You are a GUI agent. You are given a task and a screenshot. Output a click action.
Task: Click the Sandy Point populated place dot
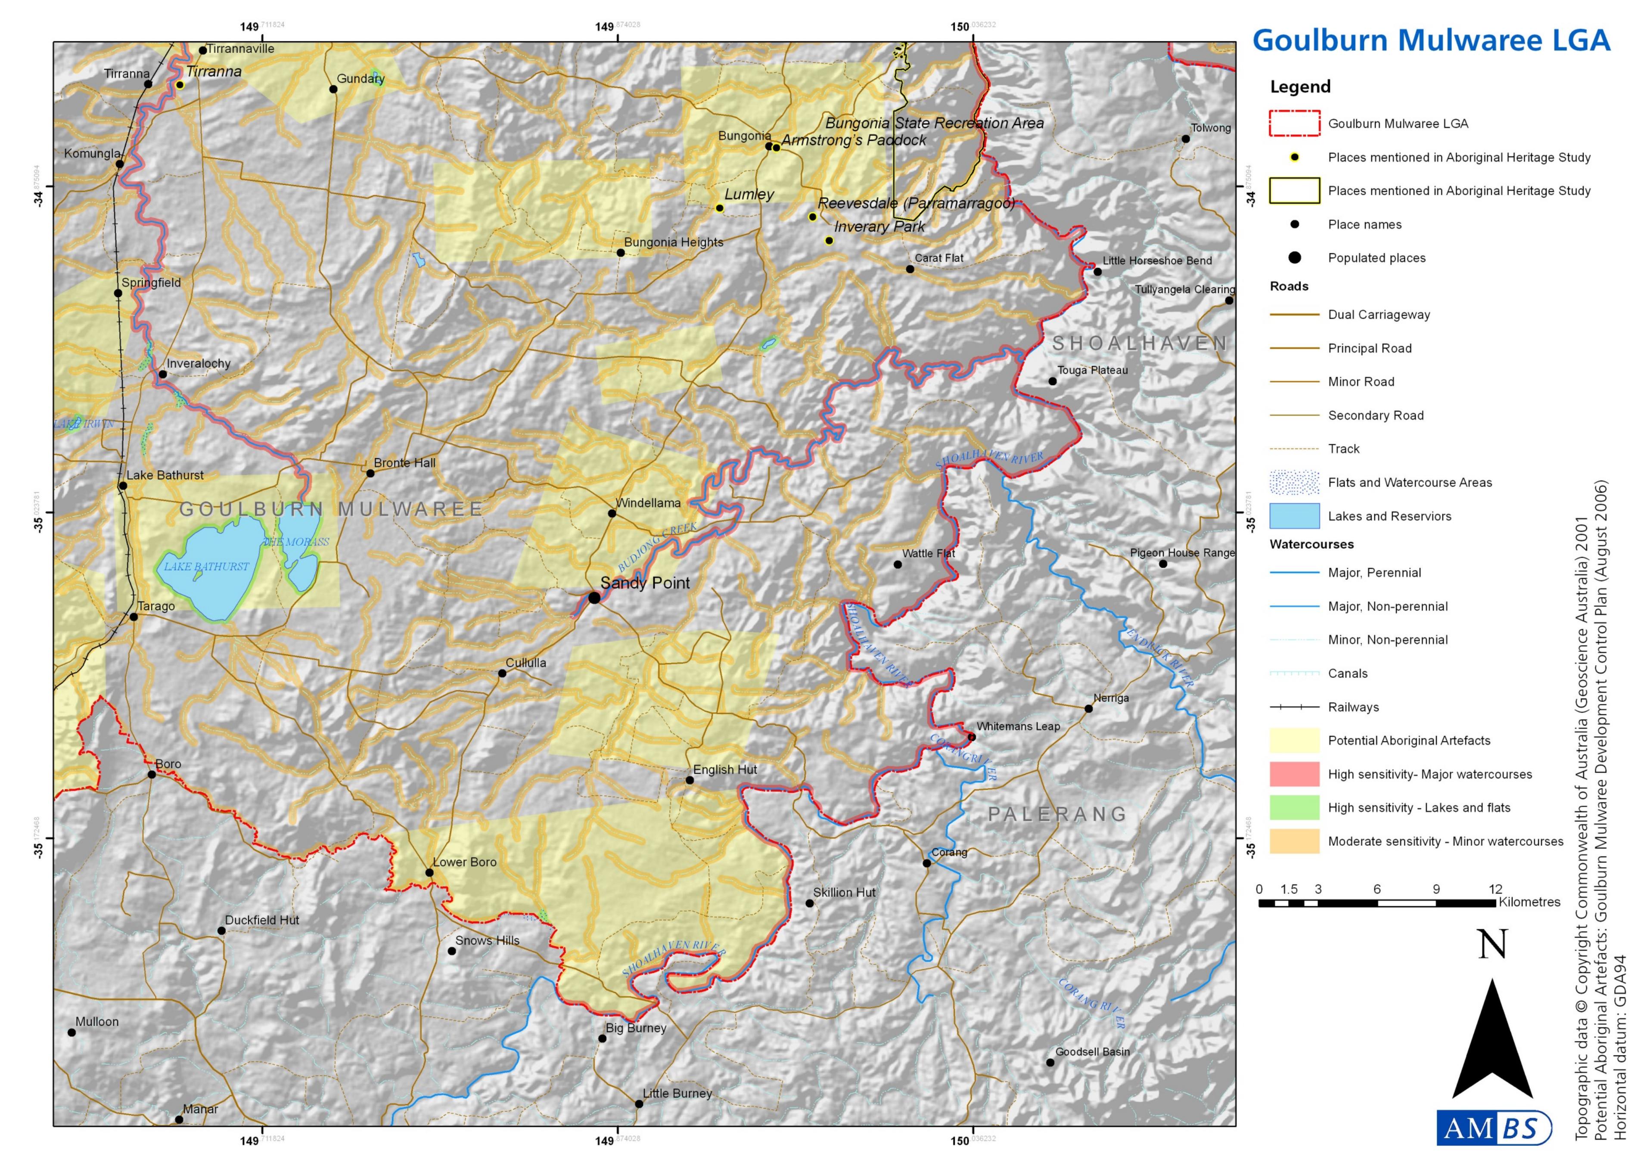coord(594,598)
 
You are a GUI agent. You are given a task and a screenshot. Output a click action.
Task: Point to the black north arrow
coord(1493,1042)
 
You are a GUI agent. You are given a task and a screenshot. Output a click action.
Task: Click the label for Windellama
coord(648,503)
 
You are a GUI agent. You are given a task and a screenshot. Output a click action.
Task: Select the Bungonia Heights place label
coord(673,242)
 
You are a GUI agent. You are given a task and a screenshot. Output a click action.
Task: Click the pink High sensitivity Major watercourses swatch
coord(1294,774)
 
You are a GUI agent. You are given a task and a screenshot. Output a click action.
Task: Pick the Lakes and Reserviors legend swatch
coord(1294,516)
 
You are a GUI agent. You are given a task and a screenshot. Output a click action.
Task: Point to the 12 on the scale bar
coord(1495,889)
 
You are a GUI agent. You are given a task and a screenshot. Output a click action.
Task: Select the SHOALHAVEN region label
coord(1140,343)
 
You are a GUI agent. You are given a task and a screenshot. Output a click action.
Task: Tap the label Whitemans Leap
coord(1018,726)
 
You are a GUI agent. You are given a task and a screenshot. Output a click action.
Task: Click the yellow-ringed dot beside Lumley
coord(719,208)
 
